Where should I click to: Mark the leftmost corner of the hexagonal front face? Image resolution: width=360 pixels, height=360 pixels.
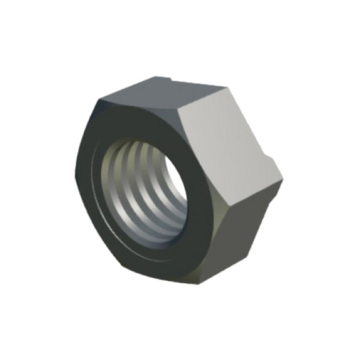pos(76,174)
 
